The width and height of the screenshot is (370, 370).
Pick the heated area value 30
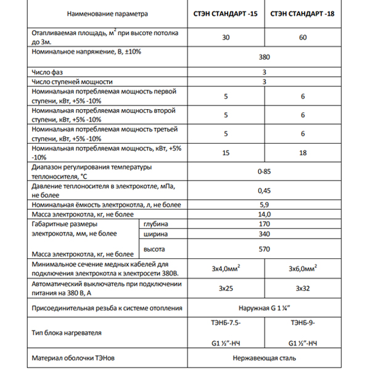pos(226,38)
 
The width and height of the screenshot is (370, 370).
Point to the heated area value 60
pos(303,38)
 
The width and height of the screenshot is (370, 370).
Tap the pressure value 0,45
pos(264,190)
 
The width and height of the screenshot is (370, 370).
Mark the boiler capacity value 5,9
pos(264,203)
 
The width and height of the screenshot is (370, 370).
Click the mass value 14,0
pos(264,213)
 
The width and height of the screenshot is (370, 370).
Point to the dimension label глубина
pos(155,224)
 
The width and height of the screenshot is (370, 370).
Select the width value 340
pos(264,234)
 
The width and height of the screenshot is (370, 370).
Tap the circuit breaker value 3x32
pos(303,288)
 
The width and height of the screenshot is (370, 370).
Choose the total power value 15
pos(226,152)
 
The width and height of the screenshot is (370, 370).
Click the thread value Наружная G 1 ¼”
pos(264,307)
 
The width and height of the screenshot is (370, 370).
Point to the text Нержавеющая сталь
pos(264,358)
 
